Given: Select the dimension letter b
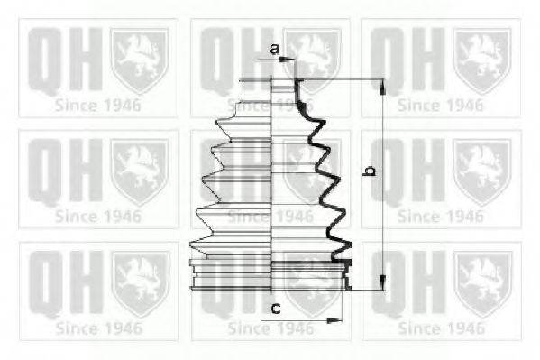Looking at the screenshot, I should click(x=369, y=169).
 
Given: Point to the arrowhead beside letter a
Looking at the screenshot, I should click(x=290, y=60).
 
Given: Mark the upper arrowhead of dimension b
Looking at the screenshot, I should click(x=381, y=86).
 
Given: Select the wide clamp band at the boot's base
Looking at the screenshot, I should click(x=270, y=274).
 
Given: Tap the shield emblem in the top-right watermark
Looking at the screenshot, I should click(x=482, y=60).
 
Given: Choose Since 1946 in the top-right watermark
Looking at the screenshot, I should click(x=441, y=104).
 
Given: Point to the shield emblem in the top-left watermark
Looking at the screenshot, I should click(x=139, y=60).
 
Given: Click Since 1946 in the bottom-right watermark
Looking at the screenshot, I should click(x=441, y=328).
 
